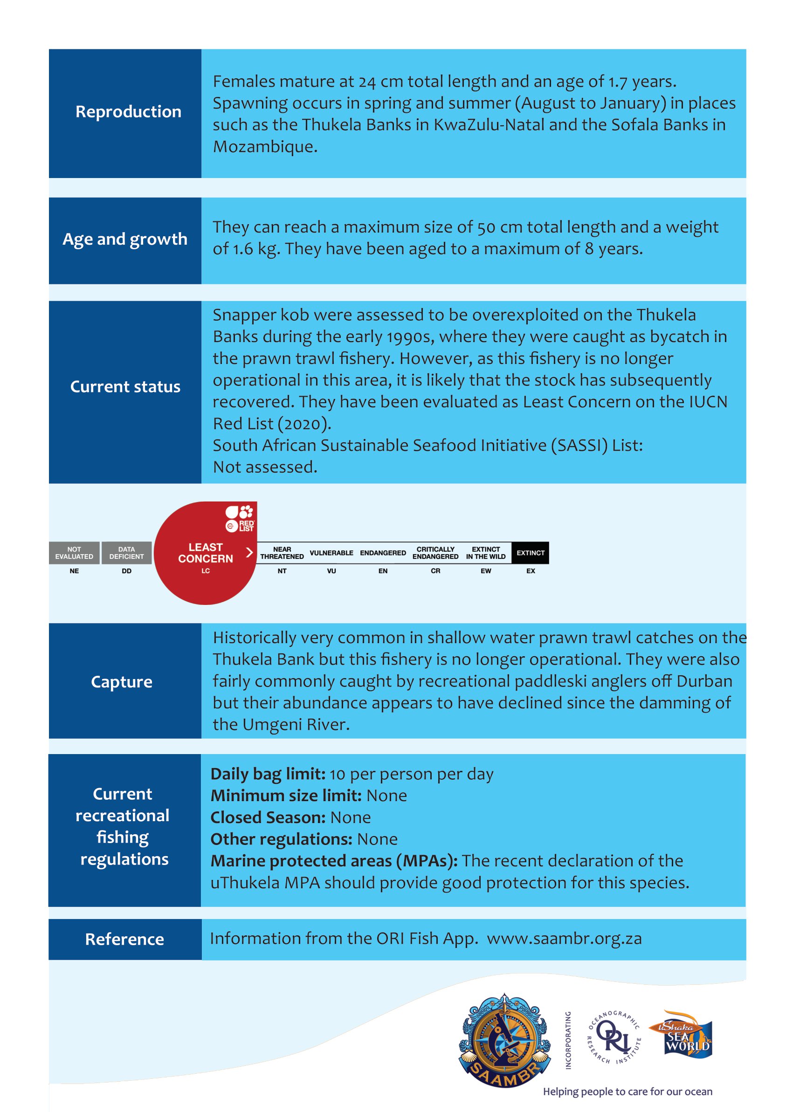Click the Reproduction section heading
pos(128,112)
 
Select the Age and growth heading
pos(125,239)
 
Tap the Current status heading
pos(125,387)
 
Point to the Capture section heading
pos(122,682)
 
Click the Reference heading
pos(124,939)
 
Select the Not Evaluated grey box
pos(74,553)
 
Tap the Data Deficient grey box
pos(126,553)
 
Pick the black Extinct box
pos(530,553)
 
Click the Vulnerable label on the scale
pos(331,553)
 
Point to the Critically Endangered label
pos(435,553)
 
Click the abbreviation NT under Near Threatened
pos(282,570)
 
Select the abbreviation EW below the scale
pos(485,570)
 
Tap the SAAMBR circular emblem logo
pos(504,1040)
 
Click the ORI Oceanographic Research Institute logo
pos(614,1037)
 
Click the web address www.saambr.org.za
pos(564,939)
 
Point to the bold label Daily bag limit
pos(268,774)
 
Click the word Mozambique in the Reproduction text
pos(265,146)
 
